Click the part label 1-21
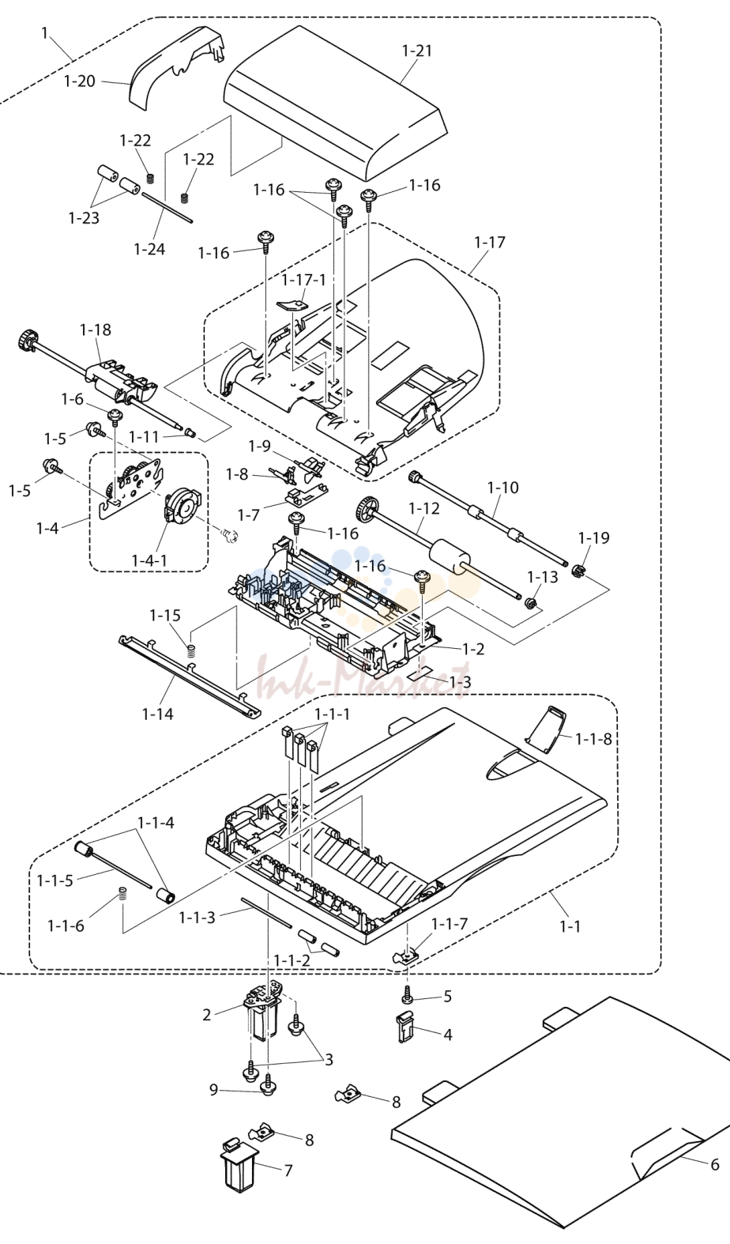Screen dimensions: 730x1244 (416, 51)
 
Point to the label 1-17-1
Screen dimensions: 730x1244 (303, 279)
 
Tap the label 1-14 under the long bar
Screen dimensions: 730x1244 (158, 714)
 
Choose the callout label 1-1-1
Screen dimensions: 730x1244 (333, 714)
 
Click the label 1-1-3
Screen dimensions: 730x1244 (197, 918)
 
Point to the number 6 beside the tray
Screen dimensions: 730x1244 (714, 1164)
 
